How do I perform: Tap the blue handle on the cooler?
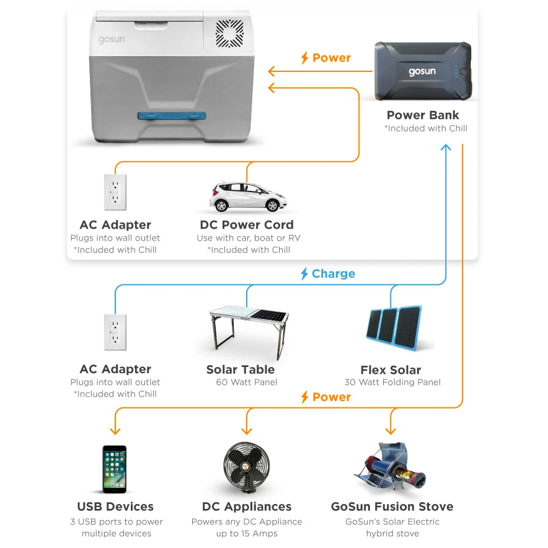tap(172, 115)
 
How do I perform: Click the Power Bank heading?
tap(423, 115)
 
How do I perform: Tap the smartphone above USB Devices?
tap(115, 469)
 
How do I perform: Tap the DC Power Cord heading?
tap(247, 225)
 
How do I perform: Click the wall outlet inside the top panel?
tap(115, 192)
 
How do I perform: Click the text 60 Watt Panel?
tap(247, 382)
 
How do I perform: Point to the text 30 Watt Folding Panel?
tap(392, 382)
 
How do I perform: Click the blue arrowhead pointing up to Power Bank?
tap(445, 147)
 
